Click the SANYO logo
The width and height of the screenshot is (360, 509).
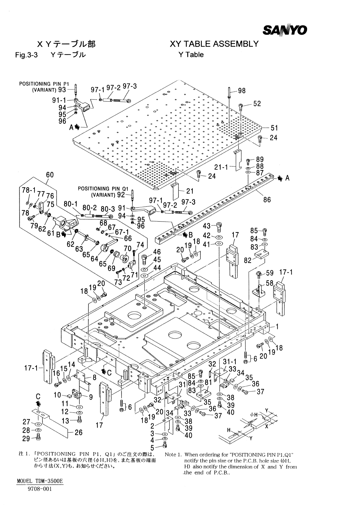[x=285, y=30]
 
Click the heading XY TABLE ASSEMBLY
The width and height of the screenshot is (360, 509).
[x=214, y=44]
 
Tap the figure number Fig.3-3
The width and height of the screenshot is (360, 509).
[x=26, y=55]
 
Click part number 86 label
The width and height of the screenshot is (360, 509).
[x=267, y=199]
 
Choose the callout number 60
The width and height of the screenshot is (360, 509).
[x=50, y=175]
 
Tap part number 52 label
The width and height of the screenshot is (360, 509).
[x=257, y=104]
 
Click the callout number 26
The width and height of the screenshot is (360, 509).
[x=78, y=432]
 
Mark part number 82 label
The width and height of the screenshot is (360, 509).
[x=248, y=261]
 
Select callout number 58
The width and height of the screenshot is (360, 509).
[x=269, y=283]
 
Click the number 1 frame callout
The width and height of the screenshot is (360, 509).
[x=277, y=327]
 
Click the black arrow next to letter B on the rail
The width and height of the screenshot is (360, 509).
[x=185, y=234]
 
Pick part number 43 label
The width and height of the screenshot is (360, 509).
[x=207, y=226]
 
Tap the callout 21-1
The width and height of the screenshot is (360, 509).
[x=221, y=167]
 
